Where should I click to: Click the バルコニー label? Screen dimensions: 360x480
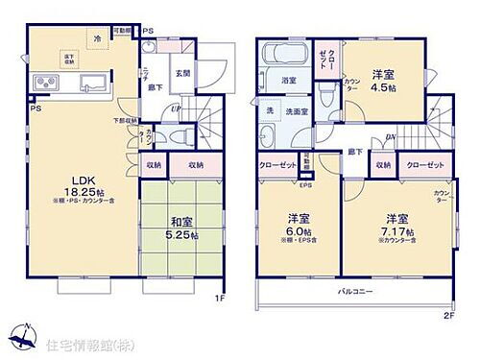click(x=355, y=290)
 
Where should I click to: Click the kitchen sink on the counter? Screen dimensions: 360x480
click(x=91, y=81)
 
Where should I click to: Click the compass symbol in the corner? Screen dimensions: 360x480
click(x=21, y=337)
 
